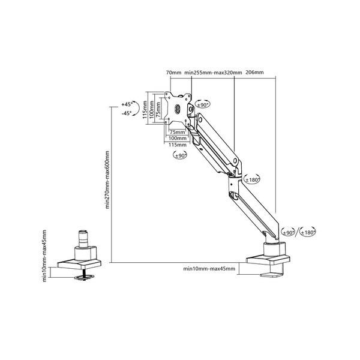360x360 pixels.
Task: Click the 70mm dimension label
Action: (x=173, y=73)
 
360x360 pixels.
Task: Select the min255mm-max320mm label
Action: (x=213, y=73)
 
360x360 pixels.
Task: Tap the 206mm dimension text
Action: (x=254, y=73)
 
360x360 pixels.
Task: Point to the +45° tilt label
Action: (x=127, y=104)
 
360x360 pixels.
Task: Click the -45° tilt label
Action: (x=127, y=113)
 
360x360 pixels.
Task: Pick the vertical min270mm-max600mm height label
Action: (x=107, y=180)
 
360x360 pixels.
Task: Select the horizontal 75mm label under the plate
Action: (x=177, y=132)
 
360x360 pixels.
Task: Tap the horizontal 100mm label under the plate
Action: (x=178, y=138)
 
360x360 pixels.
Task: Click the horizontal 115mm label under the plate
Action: (x=178, y=145)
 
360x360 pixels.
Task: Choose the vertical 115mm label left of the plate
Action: (x=145, y=110)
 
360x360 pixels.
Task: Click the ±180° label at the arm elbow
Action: (x=253, y=180)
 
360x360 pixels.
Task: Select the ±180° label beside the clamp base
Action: (x=308, y=233)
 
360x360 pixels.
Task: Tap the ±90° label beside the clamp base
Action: (x=289, y=233)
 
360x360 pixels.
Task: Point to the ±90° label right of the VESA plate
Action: (x=202, y=105)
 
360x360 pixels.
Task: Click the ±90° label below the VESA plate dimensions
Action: (x=181, y=155)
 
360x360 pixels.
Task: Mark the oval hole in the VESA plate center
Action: (x=178, y=109)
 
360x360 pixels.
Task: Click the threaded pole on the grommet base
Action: (x=83, y=239)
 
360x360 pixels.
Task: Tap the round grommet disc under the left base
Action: (x=84, y=277)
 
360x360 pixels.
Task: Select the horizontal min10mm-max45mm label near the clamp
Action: (x=209, y=268)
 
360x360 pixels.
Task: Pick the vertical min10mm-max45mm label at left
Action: (x=44, y=256)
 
